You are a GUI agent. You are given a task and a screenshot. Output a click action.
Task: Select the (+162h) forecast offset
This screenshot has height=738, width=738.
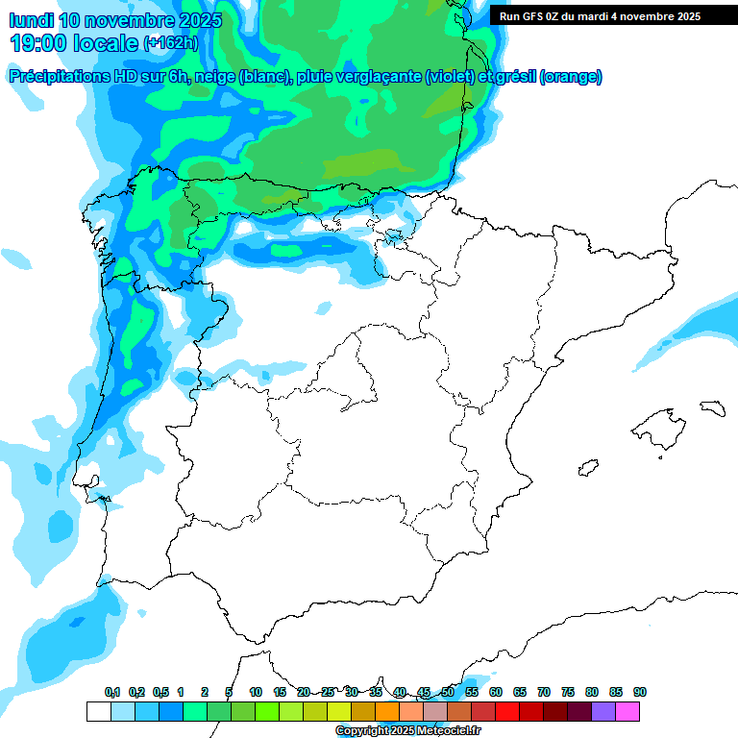pyautogui.click(x=170, y=42)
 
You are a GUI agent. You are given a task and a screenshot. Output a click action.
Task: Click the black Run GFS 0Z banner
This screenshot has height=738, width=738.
pyautogui.click(x=613, y=15)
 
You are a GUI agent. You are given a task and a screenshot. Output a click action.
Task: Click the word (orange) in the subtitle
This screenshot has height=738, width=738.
pyautogui.click(x=571, y=77)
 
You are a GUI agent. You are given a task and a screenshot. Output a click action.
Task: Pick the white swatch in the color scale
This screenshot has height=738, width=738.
pyautogui.click(x=98, y=711)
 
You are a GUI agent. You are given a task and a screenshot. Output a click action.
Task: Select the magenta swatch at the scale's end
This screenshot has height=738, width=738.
pyautogui.click(x=627, y=711)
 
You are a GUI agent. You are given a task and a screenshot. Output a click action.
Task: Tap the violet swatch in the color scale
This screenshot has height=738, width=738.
pyautogui.click(x=603, y=711)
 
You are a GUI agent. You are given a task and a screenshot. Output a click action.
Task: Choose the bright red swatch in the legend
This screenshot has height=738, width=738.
pyautogui.click(x=506, y=711)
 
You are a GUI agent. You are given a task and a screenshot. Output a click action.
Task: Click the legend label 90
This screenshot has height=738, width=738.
pyautogui.click(x=640, y=692)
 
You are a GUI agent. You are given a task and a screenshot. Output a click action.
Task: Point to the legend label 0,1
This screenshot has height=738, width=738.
pyautogui.click(x=112, y=692)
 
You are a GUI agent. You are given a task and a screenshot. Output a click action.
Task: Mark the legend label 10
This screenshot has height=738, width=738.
pyautogui.click(x=256, y=692)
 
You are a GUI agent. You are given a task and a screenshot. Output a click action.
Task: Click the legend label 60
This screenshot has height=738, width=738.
pyautogui.click(x=496, y=692)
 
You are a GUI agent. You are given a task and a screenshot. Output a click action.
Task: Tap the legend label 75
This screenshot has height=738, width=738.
pyautogui.click(x=568, y=692)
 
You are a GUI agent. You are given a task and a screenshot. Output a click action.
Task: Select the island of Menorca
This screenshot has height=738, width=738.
pyautogui.click(x=712, y=407)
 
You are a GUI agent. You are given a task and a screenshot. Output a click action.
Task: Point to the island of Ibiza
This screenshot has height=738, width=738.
pyautogui.click(x=589, y=467)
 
